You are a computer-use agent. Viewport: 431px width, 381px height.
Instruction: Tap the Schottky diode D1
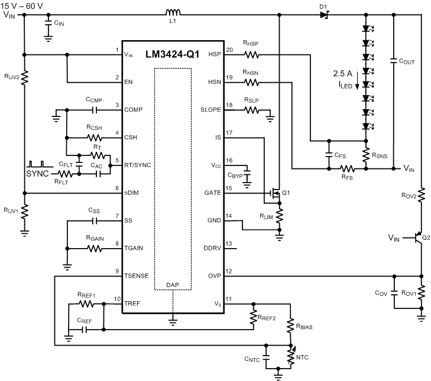pos(323,14)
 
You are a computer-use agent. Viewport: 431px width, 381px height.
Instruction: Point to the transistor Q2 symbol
pos(418,238)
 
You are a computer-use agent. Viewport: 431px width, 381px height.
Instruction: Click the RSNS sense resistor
pos(366,155)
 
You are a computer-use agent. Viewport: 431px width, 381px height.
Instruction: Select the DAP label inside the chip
pos(173,284)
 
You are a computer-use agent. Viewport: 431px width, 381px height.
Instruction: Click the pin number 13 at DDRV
pos(230,243)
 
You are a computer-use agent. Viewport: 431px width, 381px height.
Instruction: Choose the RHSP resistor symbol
pos(252,55)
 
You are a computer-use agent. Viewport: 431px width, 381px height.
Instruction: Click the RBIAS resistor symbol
pos(290,325)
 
